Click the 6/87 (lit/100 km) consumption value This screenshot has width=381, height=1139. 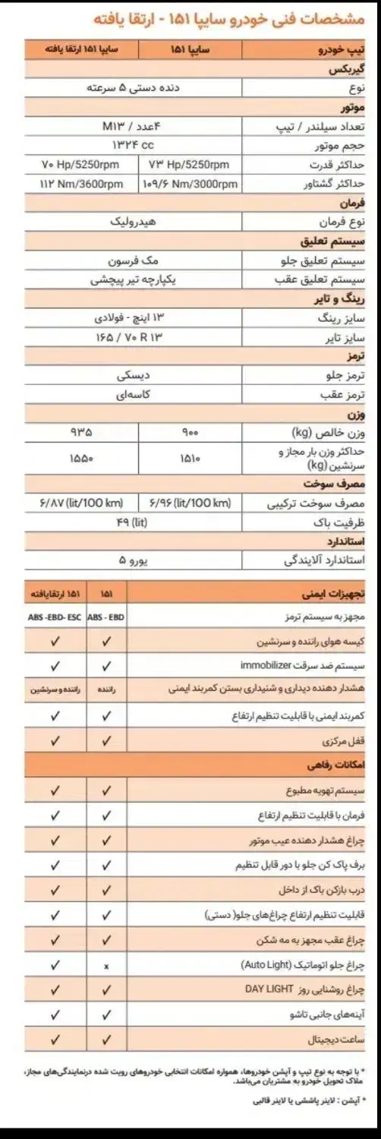[72, 503]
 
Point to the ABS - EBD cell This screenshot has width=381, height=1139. [105, 617]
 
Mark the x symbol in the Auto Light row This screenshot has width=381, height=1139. [106, 966]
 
